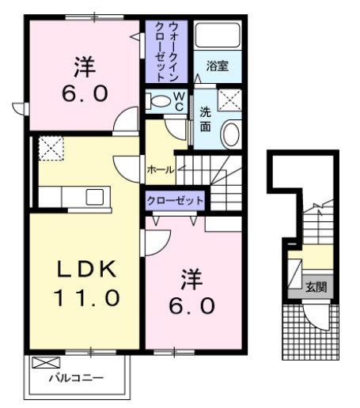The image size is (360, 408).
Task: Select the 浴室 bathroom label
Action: [218, 66]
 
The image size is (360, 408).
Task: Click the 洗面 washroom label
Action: [205, 119]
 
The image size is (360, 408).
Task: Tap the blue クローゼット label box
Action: [175, 201]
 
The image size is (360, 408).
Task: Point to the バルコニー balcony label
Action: [76, 378]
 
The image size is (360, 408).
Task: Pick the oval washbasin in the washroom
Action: [229, 134]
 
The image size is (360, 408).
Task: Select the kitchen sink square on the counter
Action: [95, 196]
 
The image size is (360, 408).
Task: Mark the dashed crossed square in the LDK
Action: [51, 147]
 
